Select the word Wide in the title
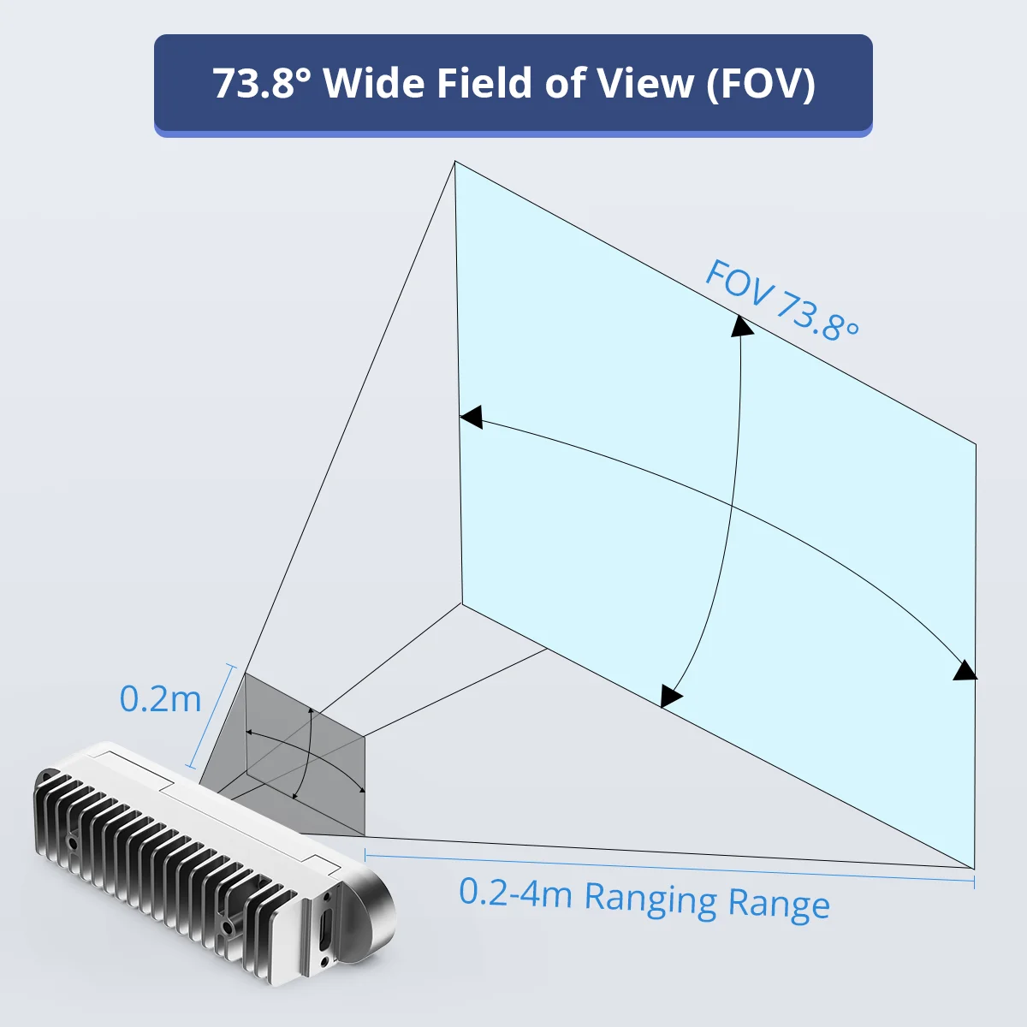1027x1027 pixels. pyautogui.click(x=374, y=83)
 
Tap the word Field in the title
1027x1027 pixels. pyautogui.click(x=484, y=83)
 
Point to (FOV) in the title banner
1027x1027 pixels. pyautogui.click(x=761, y=84)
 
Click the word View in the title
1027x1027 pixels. pyautogui.click(x=645, y=83)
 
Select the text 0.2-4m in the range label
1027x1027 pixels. pyautogui.click(x=515, y=891)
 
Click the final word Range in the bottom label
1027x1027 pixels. pyautogui.click(x=779, y=904)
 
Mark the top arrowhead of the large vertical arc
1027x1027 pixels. pyautogui.click(x=741, y=325)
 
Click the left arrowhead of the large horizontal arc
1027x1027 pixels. pyautogui.click(x=471, y=416)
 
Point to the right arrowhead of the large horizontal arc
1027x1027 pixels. pyautogui.click(x=965, y=670)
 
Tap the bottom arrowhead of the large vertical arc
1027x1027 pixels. pyautogui.click(x=670, y=696)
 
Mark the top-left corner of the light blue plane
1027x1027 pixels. pyautogui.click(x=454, y=162)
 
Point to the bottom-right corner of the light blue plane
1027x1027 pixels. pyautogui.click(x=974, y=869)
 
